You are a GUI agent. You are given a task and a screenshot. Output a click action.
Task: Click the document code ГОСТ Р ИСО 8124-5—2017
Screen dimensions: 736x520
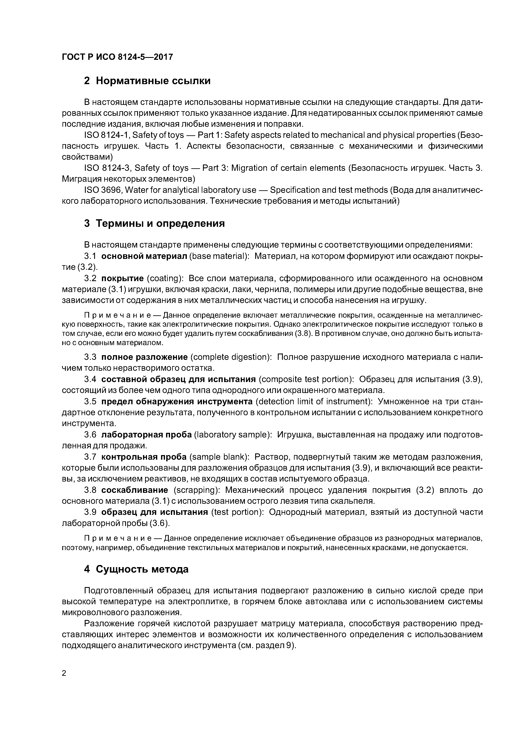[x=117, y=57]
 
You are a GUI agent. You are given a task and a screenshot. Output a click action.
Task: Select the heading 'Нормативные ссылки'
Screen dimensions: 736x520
[x=153, y=81]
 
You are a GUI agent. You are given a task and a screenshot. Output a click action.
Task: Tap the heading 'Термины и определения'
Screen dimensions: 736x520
[x=160, y=223]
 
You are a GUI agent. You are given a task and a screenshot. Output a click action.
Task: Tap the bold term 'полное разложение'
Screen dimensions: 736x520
[x=144, y=357]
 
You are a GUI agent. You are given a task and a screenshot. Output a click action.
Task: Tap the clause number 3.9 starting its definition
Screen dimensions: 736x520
[x=90, y=512]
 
